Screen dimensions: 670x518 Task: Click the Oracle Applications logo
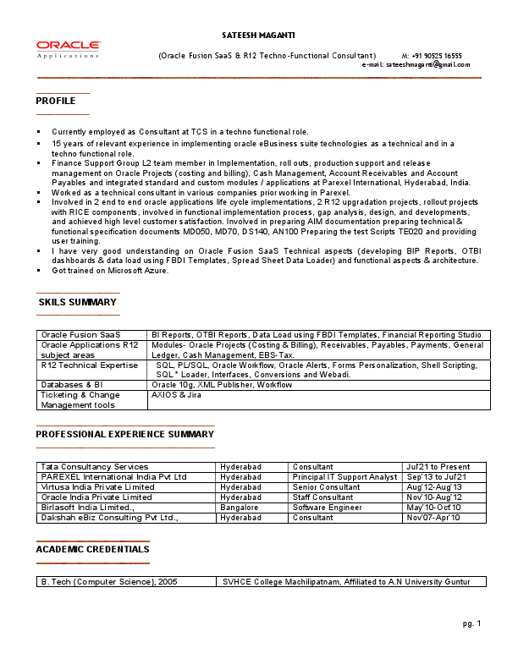(x=69, y=49)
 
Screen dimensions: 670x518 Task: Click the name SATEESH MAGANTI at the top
(x=258, y=35)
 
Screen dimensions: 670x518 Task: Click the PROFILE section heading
(x=56, y=102)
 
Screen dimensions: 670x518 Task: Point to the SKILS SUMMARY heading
(x=77, y=302)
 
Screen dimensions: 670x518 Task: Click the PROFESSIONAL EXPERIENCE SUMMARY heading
(x=124, y=435)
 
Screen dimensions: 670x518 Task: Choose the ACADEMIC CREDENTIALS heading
(x=92, y=550)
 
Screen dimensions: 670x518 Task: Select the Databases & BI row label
(x=72, y=385)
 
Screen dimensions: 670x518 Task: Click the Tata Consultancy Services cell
(x=95, y=467)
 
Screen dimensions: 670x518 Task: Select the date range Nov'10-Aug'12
(x=434, y=497)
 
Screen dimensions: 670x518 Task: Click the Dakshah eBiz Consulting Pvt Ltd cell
(x=109, y=518)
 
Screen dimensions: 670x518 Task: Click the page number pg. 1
(x=471, y=623)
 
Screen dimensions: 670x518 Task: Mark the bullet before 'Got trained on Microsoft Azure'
(x=39, y=270)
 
